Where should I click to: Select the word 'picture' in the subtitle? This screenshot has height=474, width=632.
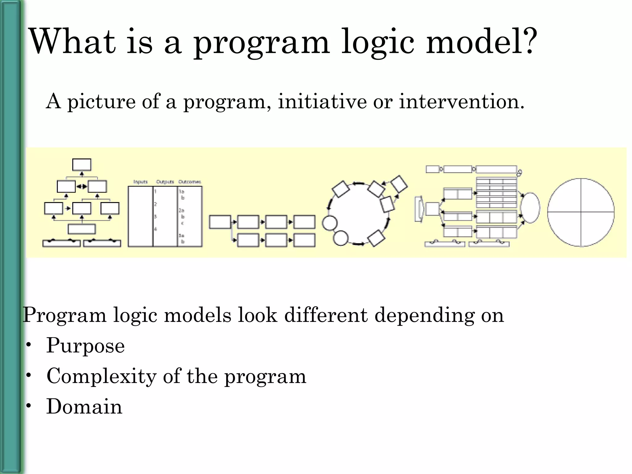[102, 102]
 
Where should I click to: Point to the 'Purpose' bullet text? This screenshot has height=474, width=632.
[85, 346]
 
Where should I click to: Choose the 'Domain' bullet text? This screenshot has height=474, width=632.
[84, 406]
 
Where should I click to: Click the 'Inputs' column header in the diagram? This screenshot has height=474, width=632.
[140, 182]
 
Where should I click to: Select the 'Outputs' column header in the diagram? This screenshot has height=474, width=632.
[165, 182]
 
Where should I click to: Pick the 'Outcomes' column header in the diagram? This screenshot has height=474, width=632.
[190, 182]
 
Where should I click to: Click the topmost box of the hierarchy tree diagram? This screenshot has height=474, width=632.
[82, 165]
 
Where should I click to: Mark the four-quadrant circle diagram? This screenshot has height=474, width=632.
[581, 212]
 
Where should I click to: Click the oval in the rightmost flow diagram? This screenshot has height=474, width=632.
[530, 208]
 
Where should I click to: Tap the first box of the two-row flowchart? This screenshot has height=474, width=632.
[220, 222]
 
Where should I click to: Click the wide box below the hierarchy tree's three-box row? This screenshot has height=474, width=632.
[82, 229]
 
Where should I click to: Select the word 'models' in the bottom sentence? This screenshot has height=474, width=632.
[197, 315]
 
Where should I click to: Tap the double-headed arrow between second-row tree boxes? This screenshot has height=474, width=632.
[82, 186]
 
